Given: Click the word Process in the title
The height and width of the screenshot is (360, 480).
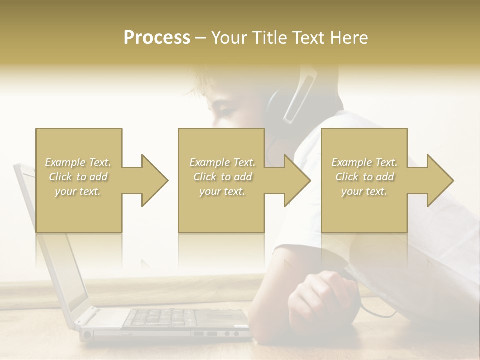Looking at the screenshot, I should (x=157, y=38).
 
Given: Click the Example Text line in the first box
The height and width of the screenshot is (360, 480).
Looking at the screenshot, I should (x=78, y=162).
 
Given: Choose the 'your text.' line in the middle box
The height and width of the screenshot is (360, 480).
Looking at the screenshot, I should (x=222, y=191).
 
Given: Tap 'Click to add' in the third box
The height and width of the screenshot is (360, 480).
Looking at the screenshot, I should (x=364, y=177).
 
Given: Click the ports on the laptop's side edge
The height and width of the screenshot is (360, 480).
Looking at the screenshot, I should (x=210, y=333).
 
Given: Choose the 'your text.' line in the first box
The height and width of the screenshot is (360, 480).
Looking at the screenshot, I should (x=78, y=191).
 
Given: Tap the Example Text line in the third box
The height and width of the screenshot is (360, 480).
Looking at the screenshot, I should (x=364, y=162).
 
